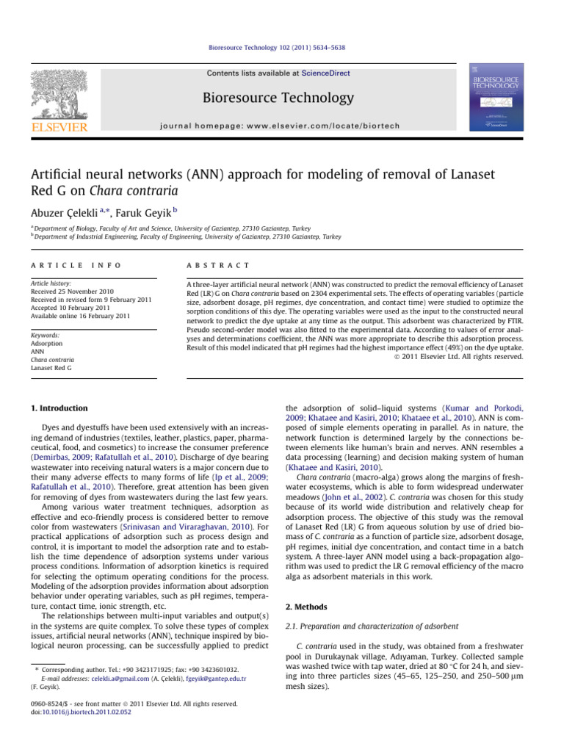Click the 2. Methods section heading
pos(310,607)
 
